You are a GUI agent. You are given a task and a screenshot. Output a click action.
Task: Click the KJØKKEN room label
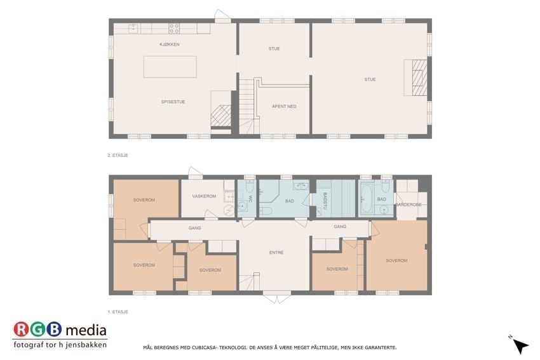pos(169,44)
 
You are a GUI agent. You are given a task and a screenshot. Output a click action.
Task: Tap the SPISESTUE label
pos(173,102)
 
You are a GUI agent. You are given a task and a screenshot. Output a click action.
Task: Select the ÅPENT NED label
pos(284,106)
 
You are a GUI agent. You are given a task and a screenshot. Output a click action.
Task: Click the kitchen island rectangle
pos(170,67)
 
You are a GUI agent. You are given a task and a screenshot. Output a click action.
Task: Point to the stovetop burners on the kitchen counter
pos(174,29)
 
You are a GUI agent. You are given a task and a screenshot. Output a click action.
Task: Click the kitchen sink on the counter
pos(133,29)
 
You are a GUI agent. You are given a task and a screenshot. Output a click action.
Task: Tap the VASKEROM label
pos(204,196)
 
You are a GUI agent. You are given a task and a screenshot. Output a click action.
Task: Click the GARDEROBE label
pos(408,205)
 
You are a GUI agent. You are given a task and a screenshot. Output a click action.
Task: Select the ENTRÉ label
pos(276,253)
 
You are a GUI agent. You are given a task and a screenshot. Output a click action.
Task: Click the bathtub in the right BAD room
pos(365,199)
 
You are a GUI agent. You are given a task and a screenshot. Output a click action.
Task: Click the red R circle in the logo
pos(22,330)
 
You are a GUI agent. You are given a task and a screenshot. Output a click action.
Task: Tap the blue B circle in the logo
pos(54,330)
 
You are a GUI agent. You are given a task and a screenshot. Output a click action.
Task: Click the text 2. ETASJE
pos(118,156)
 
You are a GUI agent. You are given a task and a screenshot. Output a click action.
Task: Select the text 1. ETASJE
pos(118,312)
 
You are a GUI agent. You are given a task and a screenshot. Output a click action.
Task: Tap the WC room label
pos(250,199)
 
